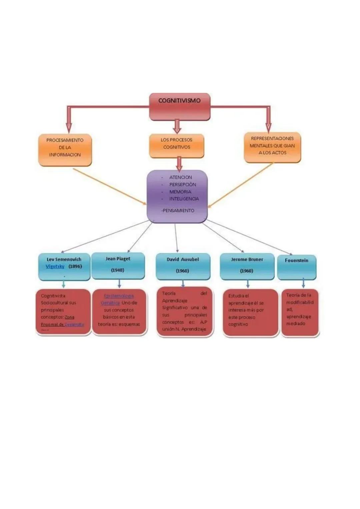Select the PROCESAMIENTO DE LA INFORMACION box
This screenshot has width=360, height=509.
click(x=65, y=150)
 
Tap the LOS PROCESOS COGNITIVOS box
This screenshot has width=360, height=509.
click(x=176, y=146)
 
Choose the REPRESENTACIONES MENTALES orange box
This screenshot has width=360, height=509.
click(x=272, y=147)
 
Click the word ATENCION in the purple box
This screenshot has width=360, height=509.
click(x=180, y=177)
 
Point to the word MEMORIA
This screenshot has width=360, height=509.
click(x=180, y=192)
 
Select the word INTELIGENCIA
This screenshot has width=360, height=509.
click(x=184, y=199)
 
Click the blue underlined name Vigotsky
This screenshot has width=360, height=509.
click(x=55, y=266)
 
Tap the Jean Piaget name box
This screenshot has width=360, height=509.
click(x=118, y=265)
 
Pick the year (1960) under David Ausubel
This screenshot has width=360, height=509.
click(x=182, y=271)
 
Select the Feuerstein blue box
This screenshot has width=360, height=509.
click(x=296, y=267)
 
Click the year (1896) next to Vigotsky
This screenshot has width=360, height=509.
click(x=75, y=266)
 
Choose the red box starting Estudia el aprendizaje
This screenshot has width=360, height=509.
click(x=250, y=312)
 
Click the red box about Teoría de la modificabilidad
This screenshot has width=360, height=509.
click(x=300, y=312)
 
